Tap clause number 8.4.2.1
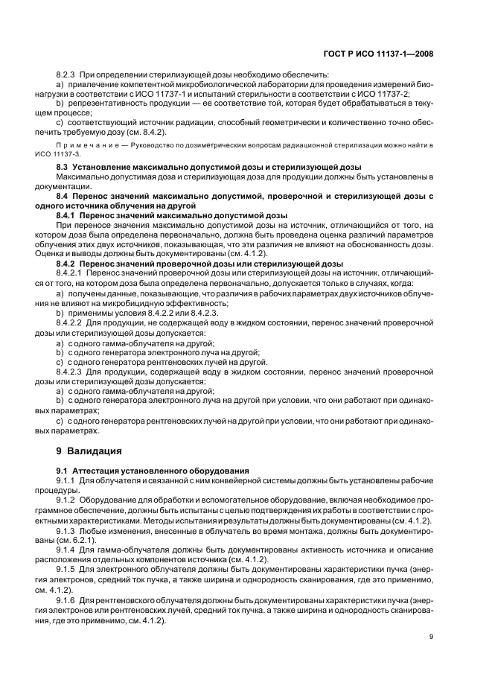[72, 273]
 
